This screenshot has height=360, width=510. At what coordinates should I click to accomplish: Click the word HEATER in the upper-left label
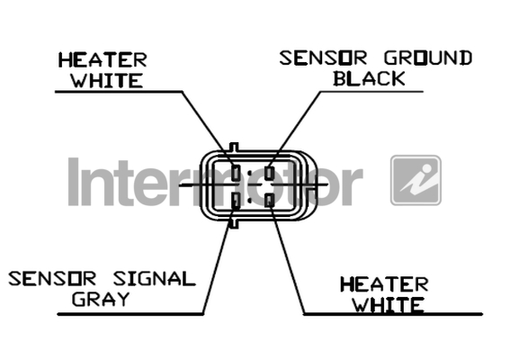coord(103,60)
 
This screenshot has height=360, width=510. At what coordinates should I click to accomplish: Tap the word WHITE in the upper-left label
coord(107,80)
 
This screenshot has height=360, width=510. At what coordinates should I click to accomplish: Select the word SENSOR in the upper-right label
coord(323,58)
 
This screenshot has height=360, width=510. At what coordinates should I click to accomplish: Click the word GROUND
coord(428,58)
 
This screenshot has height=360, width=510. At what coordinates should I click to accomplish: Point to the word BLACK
coord(369,78)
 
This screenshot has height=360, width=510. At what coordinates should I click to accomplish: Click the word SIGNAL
coord(154,279)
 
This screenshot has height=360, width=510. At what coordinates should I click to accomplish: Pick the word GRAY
coord(101,299)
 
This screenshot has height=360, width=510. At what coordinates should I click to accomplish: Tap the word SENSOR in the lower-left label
coord(52,279)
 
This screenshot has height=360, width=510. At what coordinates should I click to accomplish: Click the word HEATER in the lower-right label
coord(384,284)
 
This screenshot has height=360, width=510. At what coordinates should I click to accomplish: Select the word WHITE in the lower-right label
coord(389,305)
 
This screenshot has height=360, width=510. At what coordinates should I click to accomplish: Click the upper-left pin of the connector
coord(237,173)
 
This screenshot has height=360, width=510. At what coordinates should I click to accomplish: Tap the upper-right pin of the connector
coord(269,173)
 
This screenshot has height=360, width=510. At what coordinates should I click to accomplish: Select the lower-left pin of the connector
coord(237,200)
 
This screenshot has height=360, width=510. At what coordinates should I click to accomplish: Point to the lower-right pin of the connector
coord(269,200)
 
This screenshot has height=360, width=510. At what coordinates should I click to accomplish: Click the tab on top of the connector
coord(234,147)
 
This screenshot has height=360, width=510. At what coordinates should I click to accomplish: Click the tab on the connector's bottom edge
coord(234,223)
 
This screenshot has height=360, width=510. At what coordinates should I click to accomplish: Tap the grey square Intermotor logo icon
coord(416,180)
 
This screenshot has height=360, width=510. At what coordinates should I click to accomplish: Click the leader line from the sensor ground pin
coord(295,129)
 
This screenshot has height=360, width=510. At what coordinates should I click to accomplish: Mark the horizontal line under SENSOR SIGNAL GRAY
coord(130,314)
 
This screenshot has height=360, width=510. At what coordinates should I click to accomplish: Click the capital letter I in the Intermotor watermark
coord(74,182)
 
